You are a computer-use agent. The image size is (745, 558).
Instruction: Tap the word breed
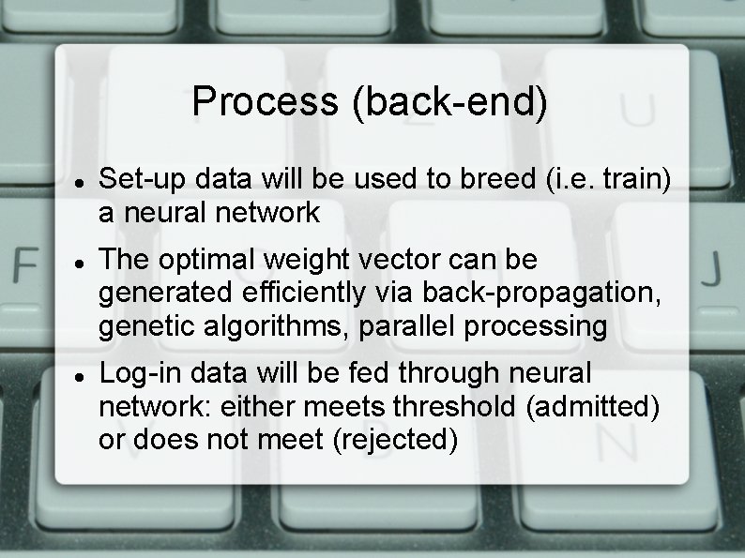494,177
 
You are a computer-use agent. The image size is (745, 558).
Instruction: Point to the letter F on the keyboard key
25,265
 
